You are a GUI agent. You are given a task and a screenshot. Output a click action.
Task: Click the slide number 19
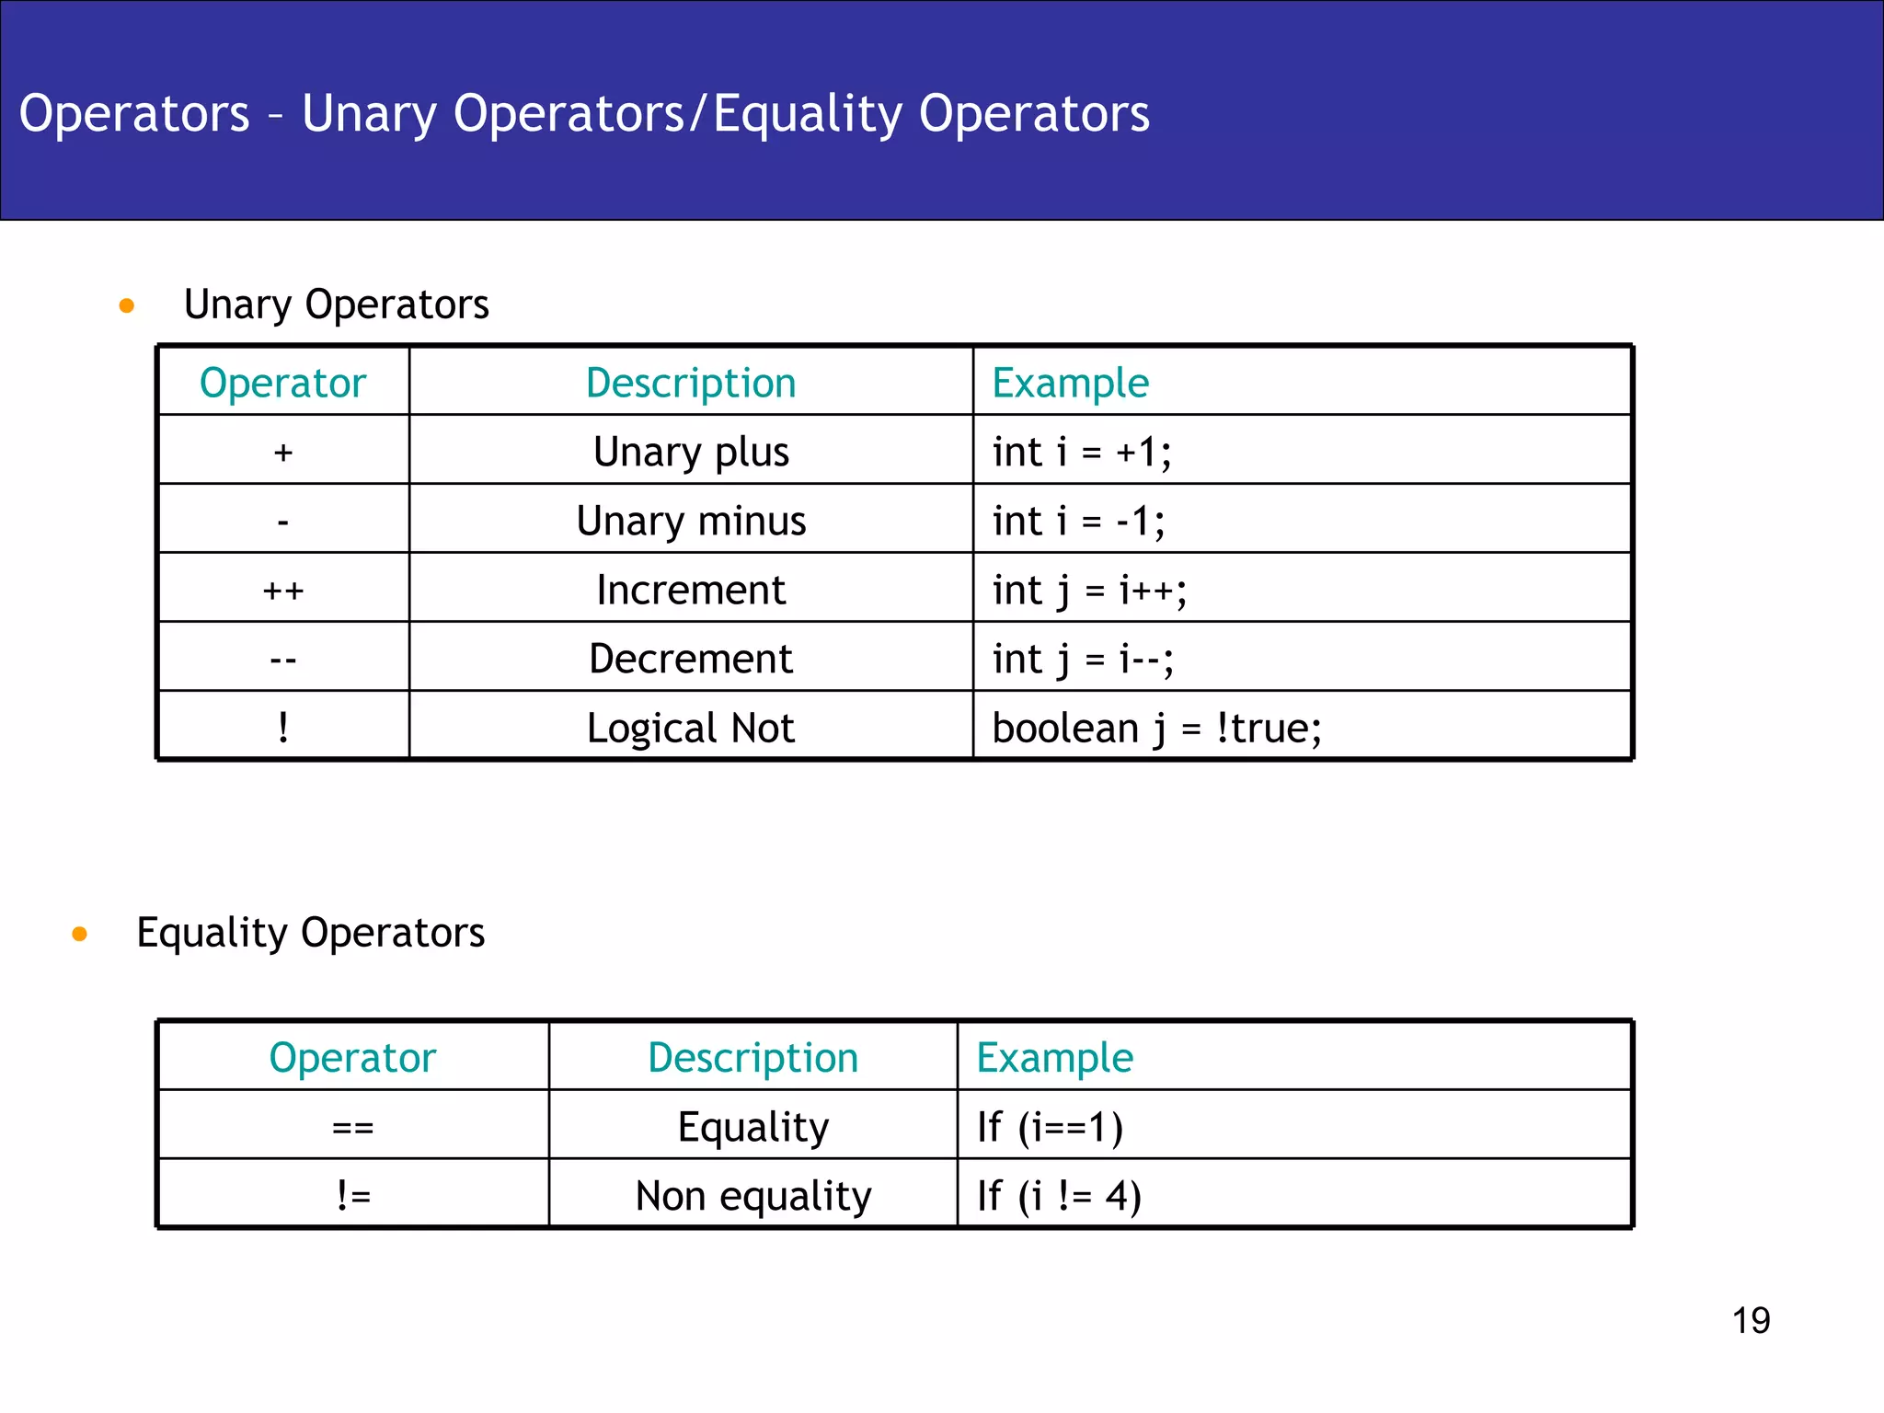pos(1751,1320)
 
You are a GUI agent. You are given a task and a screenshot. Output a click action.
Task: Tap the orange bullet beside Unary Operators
pos(127,305)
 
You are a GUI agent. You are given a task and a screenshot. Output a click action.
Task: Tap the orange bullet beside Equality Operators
pos(80,935)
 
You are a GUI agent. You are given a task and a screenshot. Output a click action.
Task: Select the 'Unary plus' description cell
pos(691,452)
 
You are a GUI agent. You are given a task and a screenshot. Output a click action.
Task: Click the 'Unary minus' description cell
pos(691,521)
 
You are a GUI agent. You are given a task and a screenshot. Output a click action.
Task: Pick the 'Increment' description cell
pos(691,590)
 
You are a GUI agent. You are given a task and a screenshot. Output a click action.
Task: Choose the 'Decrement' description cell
pos(691,659)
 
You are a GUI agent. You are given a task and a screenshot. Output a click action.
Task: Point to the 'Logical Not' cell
pos(691,728)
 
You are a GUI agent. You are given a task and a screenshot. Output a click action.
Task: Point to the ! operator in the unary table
pos(283,728)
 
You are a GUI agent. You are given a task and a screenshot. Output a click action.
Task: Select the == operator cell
pos(353,1127)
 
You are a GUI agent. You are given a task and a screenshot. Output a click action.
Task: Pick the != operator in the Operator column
pos(353,1196)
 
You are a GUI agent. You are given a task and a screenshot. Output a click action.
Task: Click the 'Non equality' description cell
pos(753,1196)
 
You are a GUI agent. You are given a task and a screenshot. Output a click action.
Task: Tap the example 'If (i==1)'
pos(1050,1127)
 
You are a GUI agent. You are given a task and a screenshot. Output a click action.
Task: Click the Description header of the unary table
pos(691,383)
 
